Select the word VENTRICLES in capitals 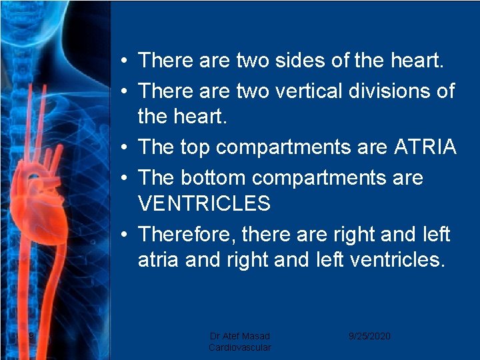click(x=204, y=203)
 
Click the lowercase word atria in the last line click(x=159, y=259)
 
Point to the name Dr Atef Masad click(x=240, y=336)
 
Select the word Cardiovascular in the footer click(x=240, y=347)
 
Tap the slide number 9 click(x=31, y=336)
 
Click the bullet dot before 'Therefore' click(x=125, y=235)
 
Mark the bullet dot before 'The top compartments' click(x=125, y=148)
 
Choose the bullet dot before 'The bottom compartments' click(x=125, y=178)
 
